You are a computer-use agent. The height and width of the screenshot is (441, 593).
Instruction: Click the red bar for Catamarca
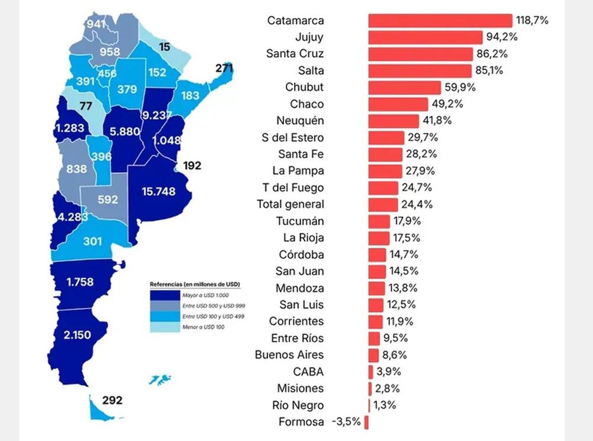point(440,20)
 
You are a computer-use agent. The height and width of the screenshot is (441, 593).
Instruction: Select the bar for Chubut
point(404,87)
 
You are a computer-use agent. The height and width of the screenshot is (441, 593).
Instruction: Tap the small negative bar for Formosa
point(366,422)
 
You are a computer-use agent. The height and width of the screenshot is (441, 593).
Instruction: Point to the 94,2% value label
point(502,37)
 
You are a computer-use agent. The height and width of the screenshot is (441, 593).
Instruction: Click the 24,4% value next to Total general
point(417,204)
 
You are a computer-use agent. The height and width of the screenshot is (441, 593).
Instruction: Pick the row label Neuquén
point(300,120)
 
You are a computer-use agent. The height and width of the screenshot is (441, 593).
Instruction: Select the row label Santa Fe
point(301,154)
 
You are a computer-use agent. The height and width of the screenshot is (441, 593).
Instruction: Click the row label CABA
point(308,372)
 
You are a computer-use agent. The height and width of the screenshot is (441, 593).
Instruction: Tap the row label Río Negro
point(298,405)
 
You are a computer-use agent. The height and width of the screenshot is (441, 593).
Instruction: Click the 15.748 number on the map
point(159,192)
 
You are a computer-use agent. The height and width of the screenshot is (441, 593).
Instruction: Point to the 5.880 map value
point(125,131)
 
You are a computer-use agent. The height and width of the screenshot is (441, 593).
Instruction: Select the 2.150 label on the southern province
point(77,335)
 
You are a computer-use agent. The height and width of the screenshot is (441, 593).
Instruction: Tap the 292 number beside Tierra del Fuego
point(112,400)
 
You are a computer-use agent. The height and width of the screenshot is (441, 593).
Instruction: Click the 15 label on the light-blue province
point(164,47)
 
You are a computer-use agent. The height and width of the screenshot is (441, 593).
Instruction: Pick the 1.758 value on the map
point(80,282)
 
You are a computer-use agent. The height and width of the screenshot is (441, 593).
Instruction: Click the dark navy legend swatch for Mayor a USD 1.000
point(165,295)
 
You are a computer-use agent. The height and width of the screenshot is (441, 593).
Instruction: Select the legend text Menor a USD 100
point(203,327)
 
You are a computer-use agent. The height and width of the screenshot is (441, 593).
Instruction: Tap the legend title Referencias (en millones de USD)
point(195,284)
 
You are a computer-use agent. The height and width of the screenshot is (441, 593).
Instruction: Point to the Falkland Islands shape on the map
point(160,379)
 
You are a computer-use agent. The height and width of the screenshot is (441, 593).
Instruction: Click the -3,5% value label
point(346,421)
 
